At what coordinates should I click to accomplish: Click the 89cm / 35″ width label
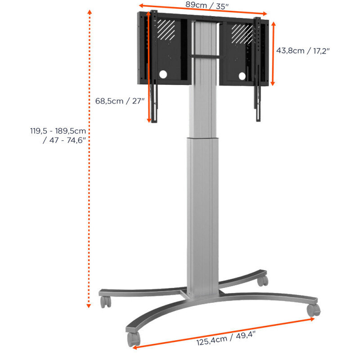click(x=207, y=5)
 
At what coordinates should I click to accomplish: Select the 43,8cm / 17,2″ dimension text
click(x=302, y=50)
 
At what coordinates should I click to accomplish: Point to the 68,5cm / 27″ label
click(x=120, y=101)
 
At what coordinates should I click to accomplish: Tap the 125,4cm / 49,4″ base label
click(x=226, y=338)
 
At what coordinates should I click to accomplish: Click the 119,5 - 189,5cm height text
click(x=58, y=131)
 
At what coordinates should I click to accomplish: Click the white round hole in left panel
click(x=163, y=74)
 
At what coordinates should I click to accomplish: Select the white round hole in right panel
click(x=242, y=76)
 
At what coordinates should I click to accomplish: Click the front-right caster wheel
click(x=314, y=310)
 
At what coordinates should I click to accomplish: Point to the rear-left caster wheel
click(x=106, y=301)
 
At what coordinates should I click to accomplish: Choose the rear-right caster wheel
click(x=263, y=280)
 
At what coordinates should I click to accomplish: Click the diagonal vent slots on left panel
click(x=166, y=29)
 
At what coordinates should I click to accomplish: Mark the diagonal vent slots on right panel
click(x=242, y=34)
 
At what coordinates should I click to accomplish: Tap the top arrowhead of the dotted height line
click(x=90, y=12)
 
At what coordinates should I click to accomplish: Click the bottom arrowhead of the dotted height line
click(x=89, y=306)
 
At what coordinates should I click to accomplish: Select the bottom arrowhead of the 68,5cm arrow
click(x=149, y=120)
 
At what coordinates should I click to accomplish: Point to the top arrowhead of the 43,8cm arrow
click(x=273, y=24)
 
